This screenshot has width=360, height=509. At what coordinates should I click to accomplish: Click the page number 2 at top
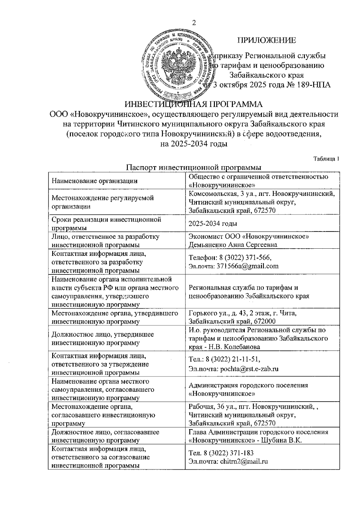[x=193, y=23]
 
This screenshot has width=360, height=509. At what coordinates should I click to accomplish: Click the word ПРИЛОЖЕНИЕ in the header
[x=266, y=40]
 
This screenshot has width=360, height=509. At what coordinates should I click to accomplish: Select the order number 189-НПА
[x=313, y=85]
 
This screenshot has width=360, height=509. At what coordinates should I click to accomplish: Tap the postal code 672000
[x=265, y=322]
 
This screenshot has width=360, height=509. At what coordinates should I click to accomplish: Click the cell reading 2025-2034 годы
[x=213, y=224]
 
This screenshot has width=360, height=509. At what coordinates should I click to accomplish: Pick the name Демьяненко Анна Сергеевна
[x=233, y=245]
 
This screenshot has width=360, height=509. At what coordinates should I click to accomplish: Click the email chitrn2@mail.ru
[x=244, y=461]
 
